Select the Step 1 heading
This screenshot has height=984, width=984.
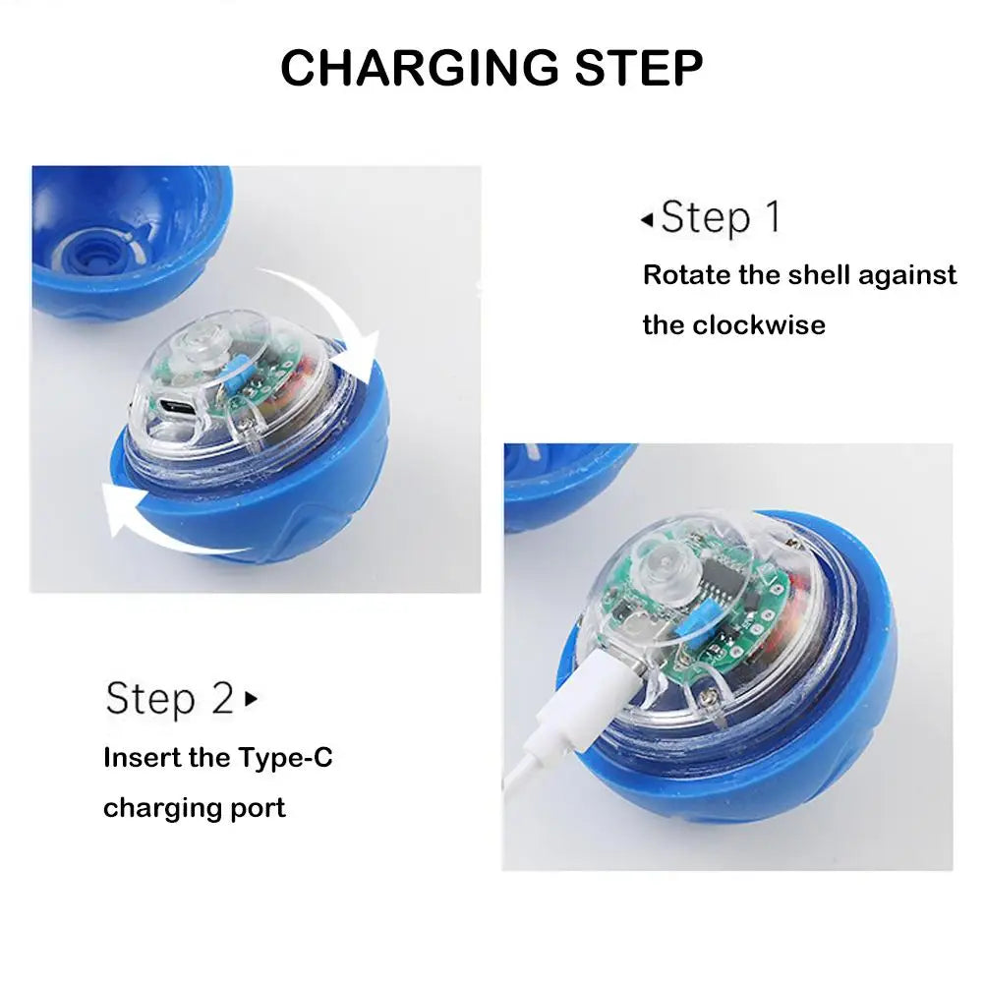(x=721, y=217)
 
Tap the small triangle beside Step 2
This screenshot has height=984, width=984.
(x=251, y=699)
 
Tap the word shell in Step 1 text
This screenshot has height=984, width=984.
(x=815, y=275)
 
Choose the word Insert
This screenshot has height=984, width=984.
(x=144, y=758)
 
